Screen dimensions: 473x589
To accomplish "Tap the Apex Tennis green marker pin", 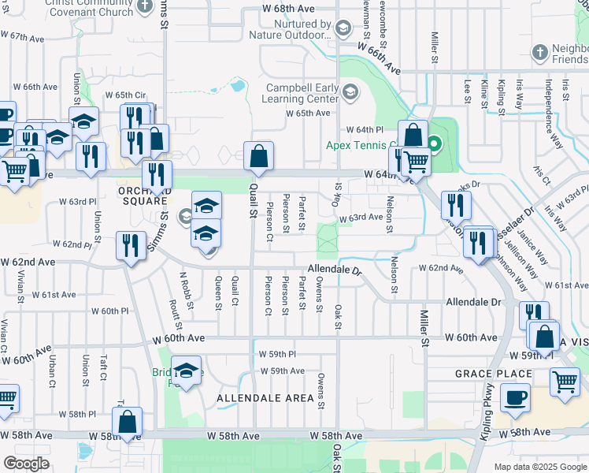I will coord(434,145).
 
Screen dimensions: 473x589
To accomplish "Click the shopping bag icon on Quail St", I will coord(258,158).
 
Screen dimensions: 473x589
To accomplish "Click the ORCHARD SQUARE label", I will coord(144,196).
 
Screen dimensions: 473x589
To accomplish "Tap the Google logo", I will coord(27,464).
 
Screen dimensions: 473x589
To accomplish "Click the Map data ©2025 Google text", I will coord(540,467).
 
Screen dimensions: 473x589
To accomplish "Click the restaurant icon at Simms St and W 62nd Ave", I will coord(129,246).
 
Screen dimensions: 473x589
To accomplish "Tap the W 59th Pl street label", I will coord(277,355).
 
